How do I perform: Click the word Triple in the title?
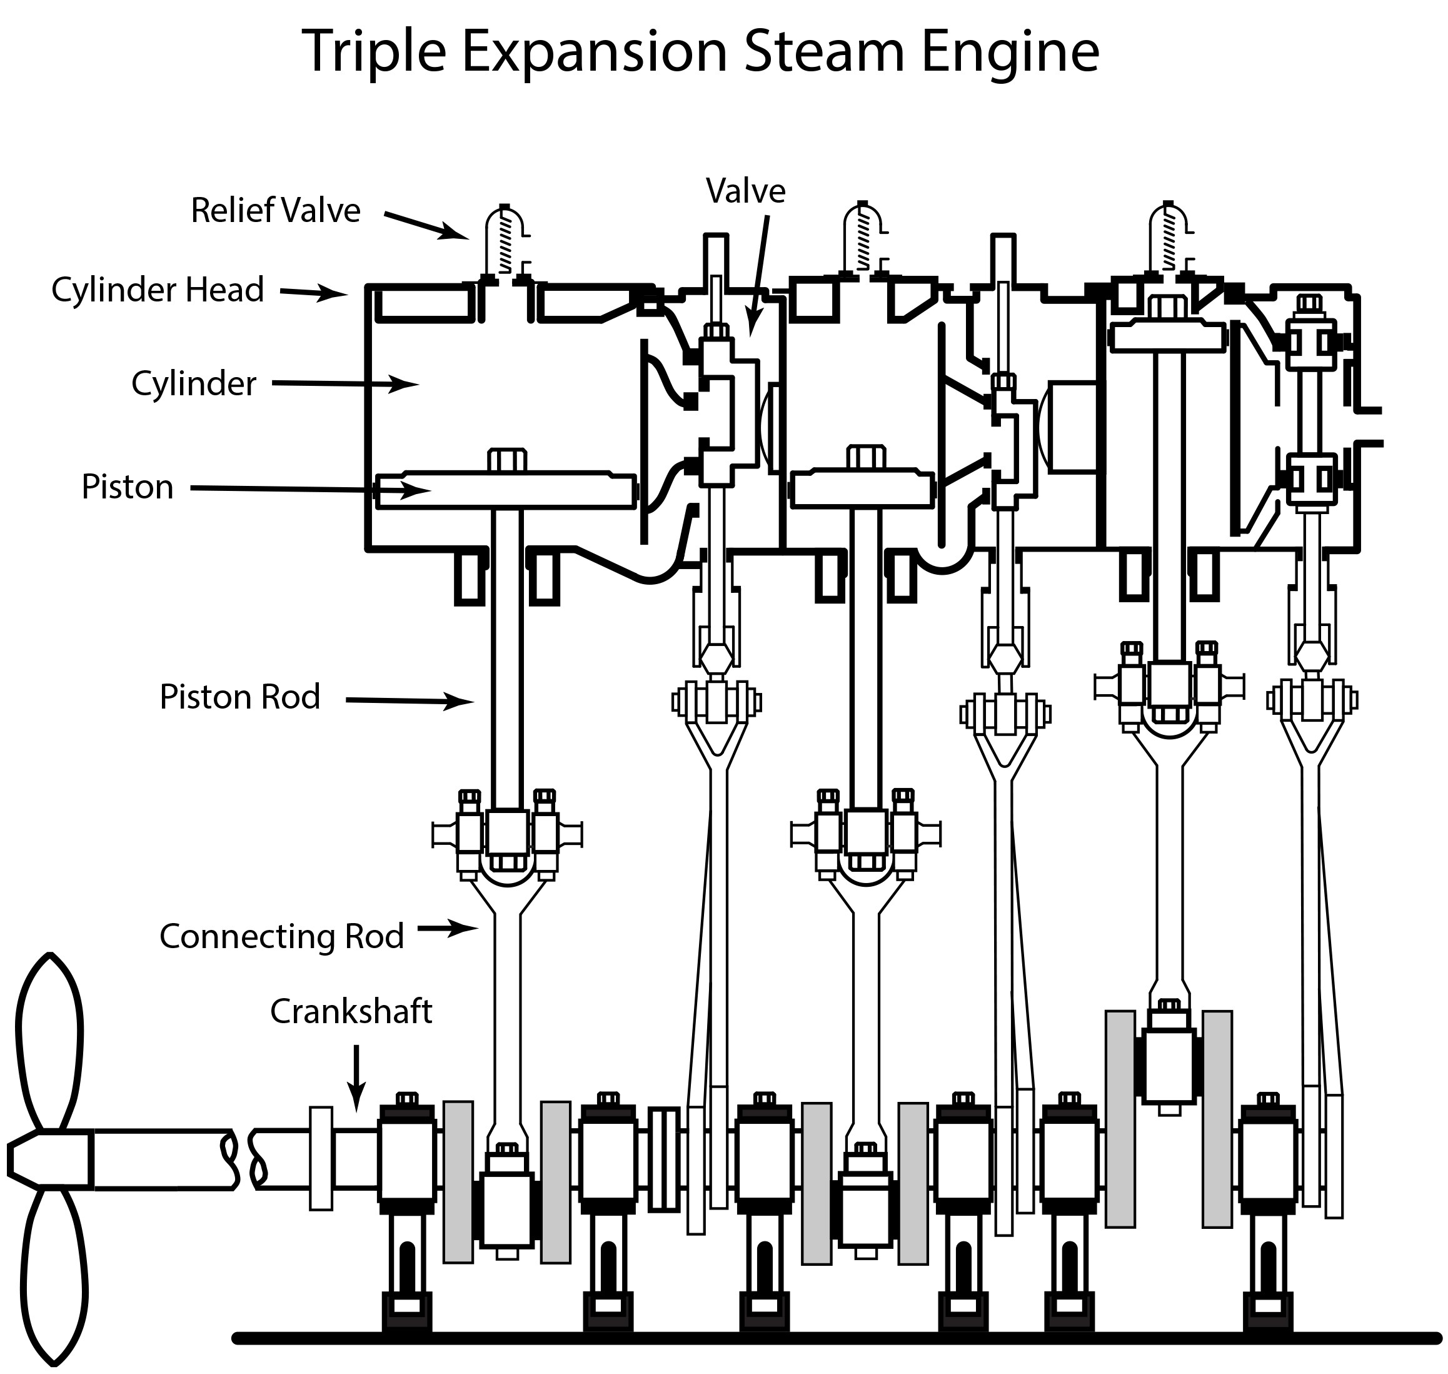pyautogui.click(x=374, y=53)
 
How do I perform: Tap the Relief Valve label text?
pyautogui.click(x=275, y=210)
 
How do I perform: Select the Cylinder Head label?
pyautogui.click(x=158, y=290)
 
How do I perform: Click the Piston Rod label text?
pyautogui.click(x=240, y=697)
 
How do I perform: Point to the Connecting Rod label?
pyautogui.click(x=282, y=936)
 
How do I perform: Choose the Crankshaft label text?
pyautogui.click(x=351, y=1011)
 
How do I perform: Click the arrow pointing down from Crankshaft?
pyautogui.click(x=356, y=1078)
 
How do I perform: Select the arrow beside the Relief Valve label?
pyautogui.click(x=427, y=226)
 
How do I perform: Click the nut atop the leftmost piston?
pyautogui.click(x=506, y=459)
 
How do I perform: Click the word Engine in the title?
pyautogui.click(x=1010, y=53)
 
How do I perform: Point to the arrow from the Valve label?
pyautogui.click(x=758, y=275)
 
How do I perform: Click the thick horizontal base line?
pyautogui.click(x=836, y=1338)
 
